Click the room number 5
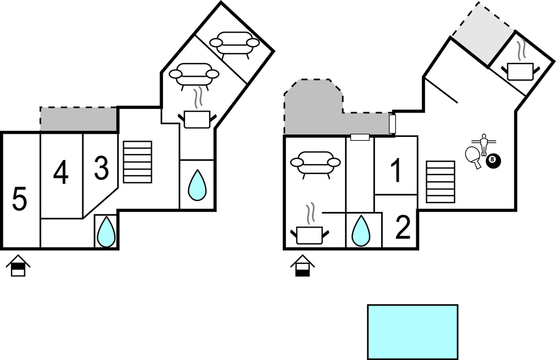19,199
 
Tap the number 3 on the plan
101,169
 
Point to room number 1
396,171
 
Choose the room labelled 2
403,228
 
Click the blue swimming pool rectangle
412,331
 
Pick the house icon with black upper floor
18,266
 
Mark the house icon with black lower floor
303,266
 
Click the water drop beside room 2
361,230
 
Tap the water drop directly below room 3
106,231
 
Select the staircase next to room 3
137,161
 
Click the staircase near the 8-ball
441,182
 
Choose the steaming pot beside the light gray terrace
521,66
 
